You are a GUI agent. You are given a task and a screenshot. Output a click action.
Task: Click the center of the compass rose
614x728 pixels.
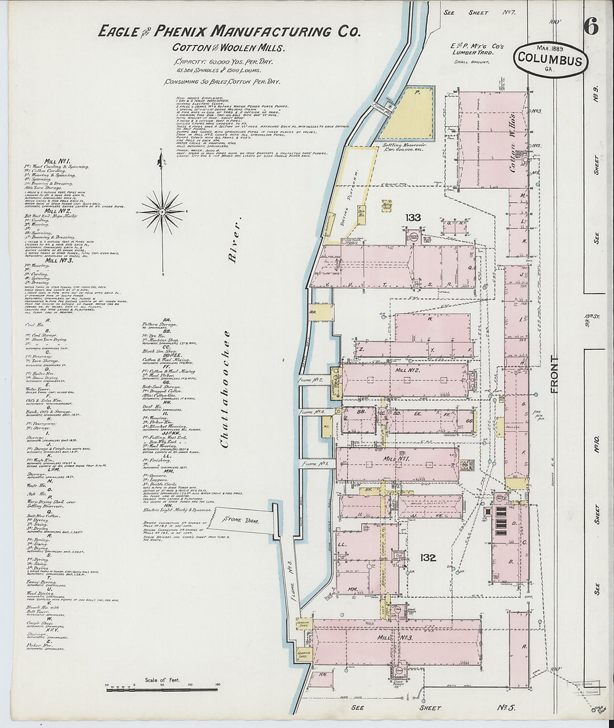pos(162,211)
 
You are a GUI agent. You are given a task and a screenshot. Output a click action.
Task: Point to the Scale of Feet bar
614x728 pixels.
pos(162,690)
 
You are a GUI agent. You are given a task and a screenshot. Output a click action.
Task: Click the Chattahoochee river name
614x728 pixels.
pos(226,389)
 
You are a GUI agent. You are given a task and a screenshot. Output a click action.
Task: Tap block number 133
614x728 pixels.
pos(413,218)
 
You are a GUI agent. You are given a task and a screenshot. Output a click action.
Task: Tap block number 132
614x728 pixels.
pos(428,557)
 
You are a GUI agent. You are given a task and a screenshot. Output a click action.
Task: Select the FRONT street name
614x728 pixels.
pos(554,374)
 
